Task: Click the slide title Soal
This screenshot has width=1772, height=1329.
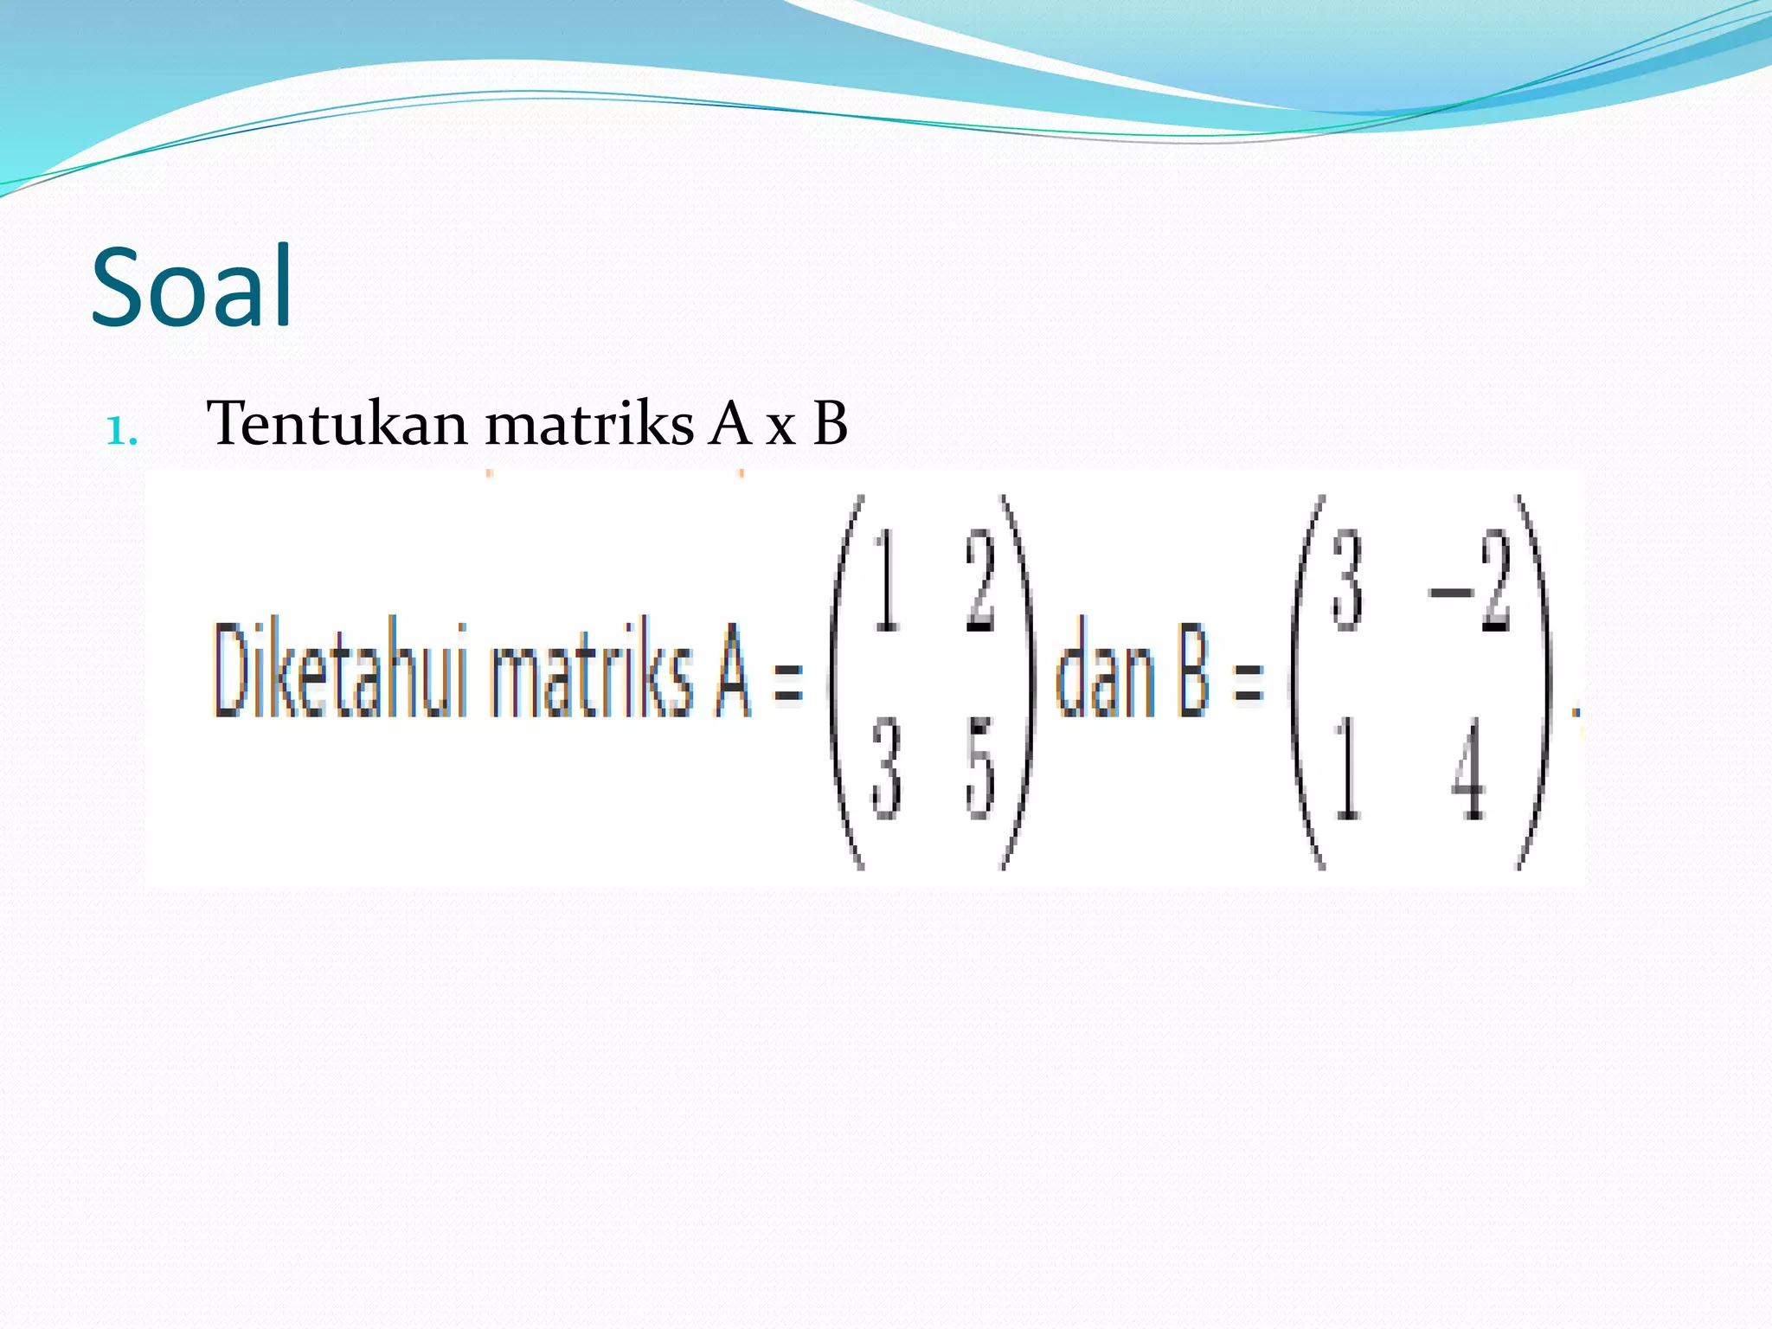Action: pos(192,287)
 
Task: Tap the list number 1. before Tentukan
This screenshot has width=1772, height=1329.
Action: pos(122,431)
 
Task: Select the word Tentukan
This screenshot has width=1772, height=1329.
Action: pos(337,424)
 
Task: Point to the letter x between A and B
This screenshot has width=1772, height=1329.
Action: pos(780,427)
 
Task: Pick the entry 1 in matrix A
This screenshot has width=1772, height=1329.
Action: pos(886,581)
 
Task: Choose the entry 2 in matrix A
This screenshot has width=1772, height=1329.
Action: pos(980,581)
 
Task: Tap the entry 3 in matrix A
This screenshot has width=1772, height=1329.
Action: pos(886,770)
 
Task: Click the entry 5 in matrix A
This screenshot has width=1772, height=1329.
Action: pos(980,770)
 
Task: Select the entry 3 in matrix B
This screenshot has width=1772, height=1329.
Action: pos(1347,581)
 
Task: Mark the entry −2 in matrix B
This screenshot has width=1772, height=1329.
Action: pos(1470,583)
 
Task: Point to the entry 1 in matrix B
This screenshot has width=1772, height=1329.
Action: pos(1347,770)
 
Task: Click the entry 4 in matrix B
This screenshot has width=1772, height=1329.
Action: pos(1469,770)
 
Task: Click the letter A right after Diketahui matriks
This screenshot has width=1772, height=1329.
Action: pos(732,671)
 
